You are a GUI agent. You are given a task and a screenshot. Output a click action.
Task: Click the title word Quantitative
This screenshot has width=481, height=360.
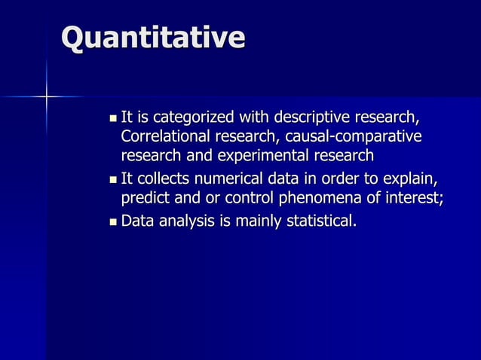[153, 38]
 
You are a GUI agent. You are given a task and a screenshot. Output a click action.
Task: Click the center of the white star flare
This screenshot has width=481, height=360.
[46, 96]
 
